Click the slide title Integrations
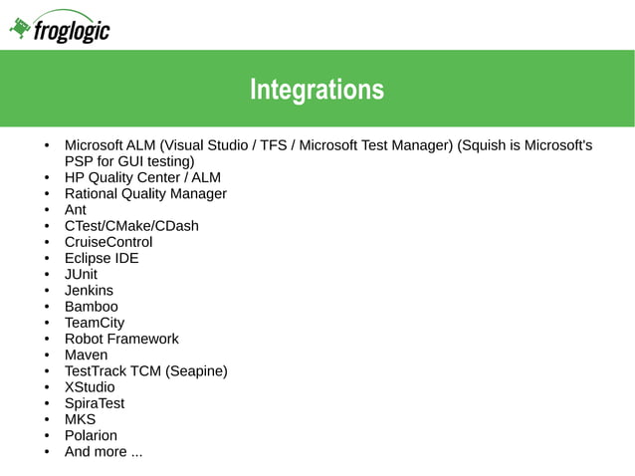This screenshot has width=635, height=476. (317, 91)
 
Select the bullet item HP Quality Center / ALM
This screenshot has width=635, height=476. (142, 177)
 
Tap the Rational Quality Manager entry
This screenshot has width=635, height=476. (145, 193)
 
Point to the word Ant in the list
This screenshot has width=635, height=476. (76, 210)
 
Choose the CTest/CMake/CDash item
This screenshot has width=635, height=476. (131, 226)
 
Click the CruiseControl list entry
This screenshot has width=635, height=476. (108, 242)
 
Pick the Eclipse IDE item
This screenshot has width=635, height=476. (102, 258)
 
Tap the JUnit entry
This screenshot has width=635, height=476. (81, 274)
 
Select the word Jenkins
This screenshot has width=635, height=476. (89, 291)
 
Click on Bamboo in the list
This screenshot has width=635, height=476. (91, 307)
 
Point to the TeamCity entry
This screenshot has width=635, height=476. (95, 323)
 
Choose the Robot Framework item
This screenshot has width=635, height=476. (121, 339)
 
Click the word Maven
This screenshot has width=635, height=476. (86, 355)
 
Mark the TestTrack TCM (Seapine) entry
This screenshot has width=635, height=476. (146, 371)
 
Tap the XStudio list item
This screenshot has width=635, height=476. (90, 387)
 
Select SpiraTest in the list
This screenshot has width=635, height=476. (95, 403)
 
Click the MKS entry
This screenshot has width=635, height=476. (80, 419)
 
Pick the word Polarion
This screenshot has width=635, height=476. (91, 435)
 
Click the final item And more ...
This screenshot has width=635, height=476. (104, 452)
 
